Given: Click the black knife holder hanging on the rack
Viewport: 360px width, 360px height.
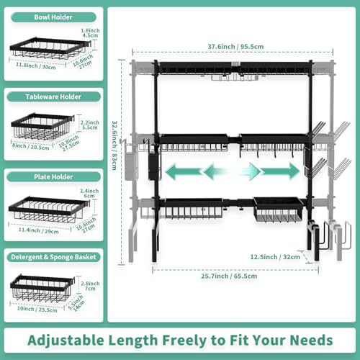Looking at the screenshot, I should tap(152, 164).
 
